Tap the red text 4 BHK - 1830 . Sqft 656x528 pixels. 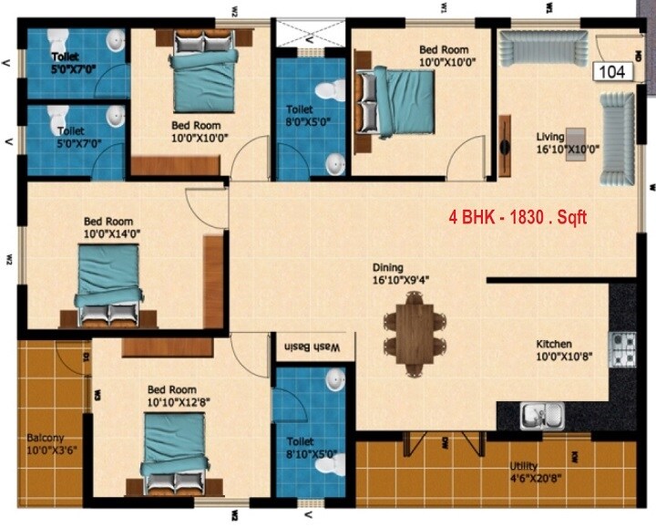[518, 218]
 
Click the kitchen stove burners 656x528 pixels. [622, 349]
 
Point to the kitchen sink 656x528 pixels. [543, 415]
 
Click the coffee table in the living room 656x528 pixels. [575, 145]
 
